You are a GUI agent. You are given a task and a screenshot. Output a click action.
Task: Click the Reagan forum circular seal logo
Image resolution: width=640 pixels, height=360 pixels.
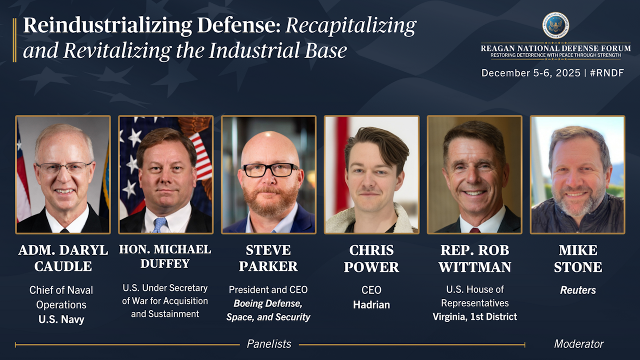(555, 25)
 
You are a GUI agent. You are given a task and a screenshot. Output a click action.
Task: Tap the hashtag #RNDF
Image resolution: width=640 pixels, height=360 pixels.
(607, 73)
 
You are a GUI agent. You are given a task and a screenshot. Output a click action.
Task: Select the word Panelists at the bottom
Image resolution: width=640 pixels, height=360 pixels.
(269, 343)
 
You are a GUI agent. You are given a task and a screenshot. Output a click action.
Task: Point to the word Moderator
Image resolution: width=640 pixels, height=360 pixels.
(578, 343)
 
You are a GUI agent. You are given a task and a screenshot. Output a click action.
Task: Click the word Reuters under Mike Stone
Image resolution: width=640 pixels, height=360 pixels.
(577, 290)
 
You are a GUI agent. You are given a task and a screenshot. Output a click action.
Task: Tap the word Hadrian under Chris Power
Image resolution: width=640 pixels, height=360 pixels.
(371, 304)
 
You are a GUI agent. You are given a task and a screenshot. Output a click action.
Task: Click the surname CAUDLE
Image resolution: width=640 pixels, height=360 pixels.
(63, 266)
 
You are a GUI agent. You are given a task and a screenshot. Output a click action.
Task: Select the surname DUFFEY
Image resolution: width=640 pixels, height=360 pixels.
(165, 263)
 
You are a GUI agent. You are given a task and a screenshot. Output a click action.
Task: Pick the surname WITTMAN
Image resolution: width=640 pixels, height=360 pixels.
(475, 267)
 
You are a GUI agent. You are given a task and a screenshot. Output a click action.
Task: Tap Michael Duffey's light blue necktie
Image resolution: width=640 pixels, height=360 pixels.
(159, 225)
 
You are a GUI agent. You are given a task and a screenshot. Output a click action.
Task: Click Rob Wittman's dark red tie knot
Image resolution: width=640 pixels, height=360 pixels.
(474, 230)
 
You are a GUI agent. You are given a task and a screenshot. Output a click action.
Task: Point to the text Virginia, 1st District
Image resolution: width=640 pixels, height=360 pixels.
(474, 316)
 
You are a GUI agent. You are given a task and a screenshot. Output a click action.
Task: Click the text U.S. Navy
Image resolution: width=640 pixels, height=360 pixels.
(61, 319)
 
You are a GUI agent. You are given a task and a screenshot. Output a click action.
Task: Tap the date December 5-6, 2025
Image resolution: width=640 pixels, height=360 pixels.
(531, 73)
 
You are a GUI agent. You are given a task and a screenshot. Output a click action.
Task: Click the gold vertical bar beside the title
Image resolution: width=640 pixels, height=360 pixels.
(14, 40)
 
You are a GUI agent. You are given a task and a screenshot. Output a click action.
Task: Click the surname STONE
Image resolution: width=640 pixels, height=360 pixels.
(578, 267)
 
